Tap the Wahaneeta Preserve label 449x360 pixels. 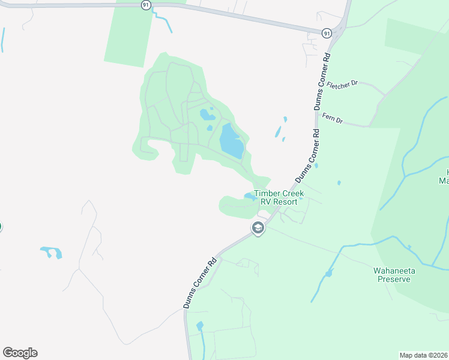tap(393, 275)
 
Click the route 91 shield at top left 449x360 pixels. tap(146, 4)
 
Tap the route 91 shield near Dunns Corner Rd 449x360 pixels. tap(326, 34)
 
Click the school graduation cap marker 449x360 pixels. tap(258, 228)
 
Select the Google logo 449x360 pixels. tap(20, 353)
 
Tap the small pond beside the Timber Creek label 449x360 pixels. tap(249, 196)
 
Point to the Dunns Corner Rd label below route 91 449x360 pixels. tap(322, 81)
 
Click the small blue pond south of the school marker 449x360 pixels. tap(328, 274)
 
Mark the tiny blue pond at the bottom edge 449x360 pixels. tap(200, 326)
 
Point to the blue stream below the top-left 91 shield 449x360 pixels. tap(163, 21)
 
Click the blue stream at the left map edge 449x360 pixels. tap(3, 40)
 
